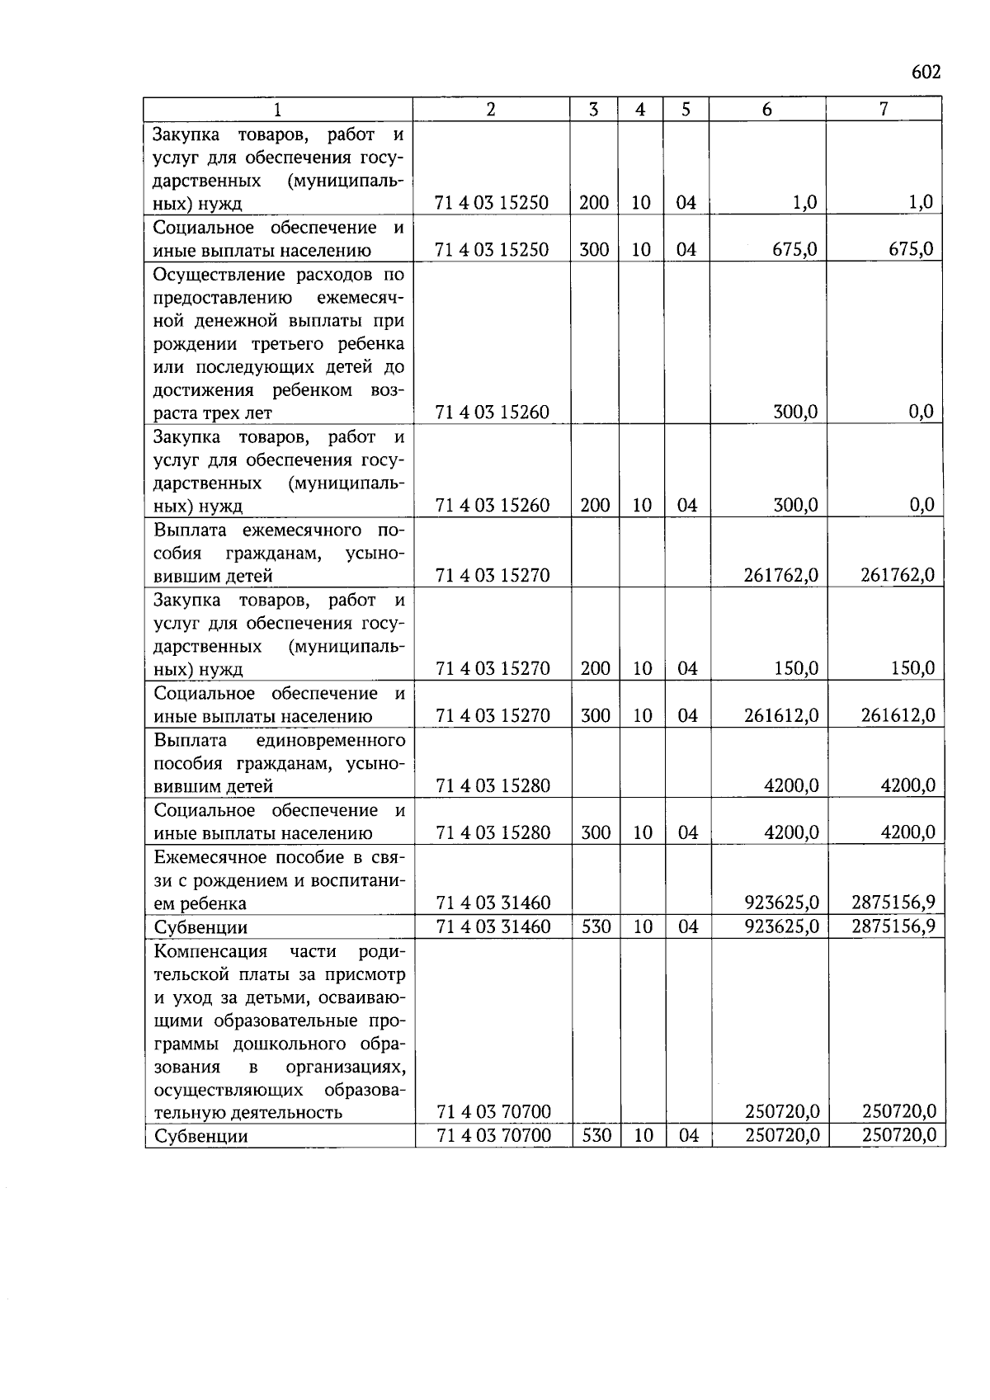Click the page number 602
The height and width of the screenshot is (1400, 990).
tap(926, 72)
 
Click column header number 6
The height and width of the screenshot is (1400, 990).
tap(766, 109)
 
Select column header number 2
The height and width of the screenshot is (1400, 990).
tap(491, 109)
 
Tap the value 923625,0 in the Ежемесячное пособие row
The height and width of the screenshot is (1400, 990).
tap(781, 903)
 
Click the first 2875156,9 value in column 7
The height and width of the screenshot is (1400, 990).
tap(893, 903)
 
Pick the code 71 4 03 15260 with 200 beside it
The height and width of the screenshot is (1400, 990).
tap(493, 505)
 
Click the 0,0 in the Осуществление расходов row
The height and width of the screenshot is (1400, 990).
tap(921, 412)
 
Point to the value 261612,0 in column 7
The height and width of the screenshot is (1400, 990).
tap(898, 715)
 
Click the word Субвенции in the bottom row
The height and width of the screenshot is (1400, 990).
tap(200, 1136)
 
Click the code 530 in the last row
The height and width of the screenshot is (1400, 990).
tap(596, 1135)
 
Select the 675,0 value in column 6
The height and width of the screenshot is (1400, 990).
tap(794, 249)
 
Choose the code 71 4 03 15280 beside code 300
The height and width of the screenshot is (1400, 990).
tap(493, 832)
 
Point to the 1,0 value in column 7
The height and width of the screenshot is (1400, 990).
tap(921, 202)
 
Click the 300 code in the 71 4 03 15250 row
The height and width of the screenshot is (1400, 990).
tap(594, 249)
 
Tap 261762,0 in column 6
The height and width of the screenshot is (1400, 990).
tap(781, 575)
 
